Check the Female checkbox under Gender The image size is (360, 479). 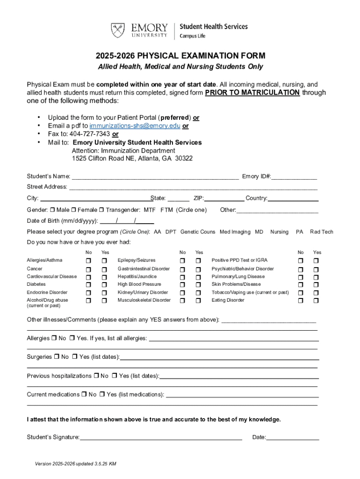pyautogui.click(x=80, y=210)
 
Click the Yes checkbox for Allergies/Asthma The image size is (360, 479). pyautogui.click(x=105, y=261)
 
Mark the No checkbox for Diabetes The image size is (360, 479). pyautogui.click(x=88, y=284)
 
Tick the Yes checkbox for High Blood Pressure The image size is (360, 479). pyautogui.click(x=198, y=284)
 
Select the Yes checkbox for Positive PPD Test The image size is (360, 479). pyautogui.click(x=317, y=261)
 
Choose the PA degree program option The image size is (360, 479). pyautogui.click(x=300, y=232)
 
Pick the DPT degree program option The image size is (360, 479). pyautogui.click(x=171, y=232)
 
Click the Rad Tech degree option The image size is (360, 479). pyautogui.click(x=322, y=232)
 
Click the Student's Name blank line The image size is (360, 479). pyautogui.click(x=155, y=177)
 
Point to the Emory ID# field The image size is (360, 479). pyautogui.click(x=294, y=177)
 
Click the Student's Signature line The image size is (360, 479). pyautogui.click(x=161, y=438)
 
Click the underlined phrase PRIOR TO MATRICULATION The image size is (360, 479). pyautogui.click(x=252, y=93)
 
